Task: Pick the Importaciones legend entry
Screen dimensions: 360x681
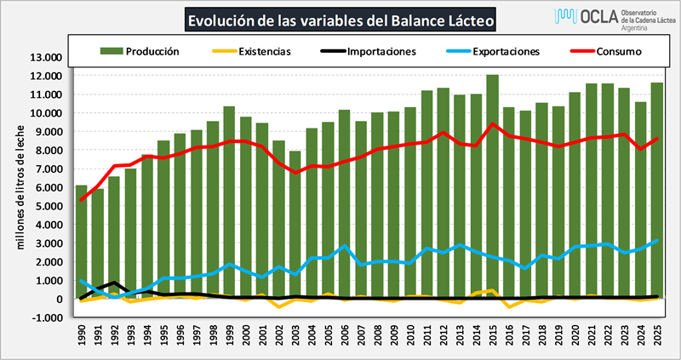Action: pyautogui.click(x=366, y=51)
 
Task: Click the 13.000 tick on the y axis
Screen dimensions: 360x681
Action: pyautogui.click(x=46, y=58)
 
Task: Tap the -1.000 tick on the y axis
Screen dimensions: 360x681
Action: pyautogui.click(x=46, y=318)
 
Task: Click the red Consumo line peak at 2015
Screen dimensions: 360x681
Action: pyautogui.click(x=492, y=124)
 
